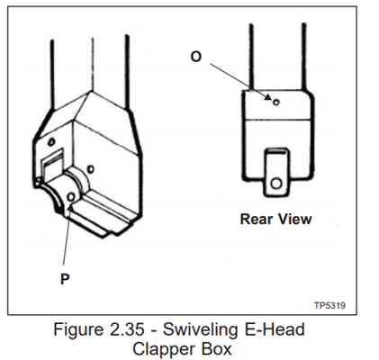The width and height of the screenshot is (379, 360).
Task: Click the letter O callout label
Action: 196,57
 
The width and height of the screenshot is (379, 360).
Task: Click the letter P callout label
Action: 65,279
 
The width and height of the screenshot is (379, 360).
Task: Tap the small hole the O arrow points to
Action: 276,103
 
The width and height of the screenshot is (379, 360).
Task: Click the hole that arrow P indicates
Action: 71,197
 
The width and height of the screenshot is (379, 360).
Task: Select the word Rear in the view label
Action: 256,219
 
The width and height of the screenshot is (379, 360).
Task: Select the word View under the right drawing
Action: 294,219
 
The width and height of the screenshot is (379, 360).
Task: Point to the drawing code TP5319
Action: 329,305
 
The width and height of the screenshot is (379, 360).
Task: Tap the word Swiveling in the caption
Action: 201,330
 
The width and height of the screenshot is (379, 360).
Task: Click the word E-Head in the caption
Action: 275,329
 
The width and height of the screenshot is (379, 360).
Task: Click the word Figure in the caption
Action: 78,330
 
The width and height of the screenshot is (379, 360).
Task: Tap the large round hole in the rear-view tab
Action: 276,183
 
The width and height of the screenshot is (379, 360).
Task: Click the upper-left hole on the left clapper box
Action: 51,141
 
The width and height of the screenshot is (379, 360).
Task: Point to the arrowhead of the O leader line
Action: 268,97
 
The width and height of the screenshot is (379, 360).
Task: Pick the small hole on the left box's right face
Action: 90,169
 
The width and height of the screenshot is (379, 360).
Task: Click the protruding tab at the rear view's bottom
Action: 276,172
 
